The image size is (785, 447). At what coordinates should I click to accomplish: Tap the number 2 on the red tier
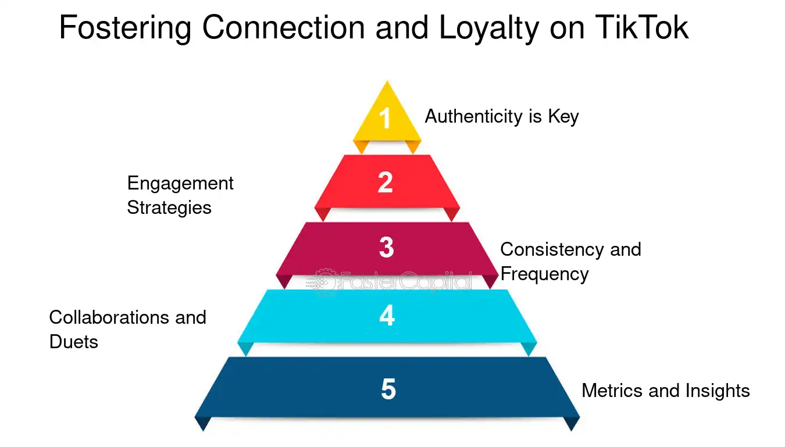[385, 183]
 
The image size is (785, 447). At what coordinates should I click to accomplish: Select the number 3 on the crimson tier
[386, 247]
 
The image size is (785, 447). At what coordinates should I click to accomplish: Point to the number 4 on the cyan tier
[387, 315]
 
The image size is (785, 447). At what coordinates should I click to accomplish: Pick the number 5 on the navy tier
[388, 389]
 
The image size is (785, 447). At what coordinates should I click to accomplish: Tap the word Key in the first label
[563, 117]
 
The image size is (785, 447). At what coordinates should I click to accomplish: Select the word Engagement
[180, 184]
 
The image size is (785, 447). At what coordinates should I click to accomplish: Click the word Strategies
[169, 208]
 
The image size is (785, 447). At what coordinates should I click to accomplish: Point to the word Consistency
[552, 250]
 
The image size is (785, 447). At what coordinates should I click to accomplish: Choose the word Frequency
[545, 274]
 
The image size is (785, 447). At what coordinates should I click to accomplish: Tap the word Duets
[74, 342]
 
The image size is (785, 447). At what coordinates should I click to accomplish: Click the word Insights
[718, 391]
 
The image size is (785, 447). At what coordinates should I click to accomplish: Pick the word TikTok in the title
[642, 27]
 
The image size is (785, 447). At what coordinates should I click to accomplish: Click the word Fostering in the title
[126, 28]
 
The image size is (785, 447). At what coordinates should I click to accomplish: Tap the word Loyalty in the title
[489, 28]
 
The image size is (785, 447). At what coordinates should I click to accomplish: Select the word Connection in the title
[284, 27]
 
